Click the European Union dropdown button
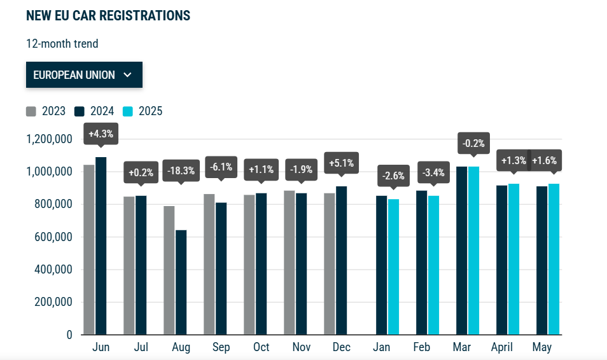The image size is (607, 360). click(x=84, y=74)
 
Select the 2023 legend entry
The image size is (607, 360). click(x=46, y=111)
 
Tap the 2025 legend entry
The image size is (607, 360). click(x=143, y=111)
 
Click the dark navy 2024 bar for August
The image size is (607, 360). click(x=181, y=282)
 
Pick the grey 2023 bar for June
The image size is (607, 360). click(x=89, y=250)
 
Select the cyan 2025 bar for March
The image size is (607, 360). click(x=473, y=251)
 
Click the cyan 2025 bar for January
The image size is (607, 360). click(x=393, y=267)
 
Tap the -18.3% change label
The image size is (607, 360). click(x=181, y=170)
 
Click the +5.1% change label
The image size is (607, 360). click(x=342, y=163)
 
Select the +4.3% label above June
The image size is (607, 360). click(x=101, y=134)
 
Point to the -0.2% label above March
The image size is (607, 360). click(x=473, y=143)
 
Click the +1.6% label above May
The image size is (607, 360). click(x=545, y=160)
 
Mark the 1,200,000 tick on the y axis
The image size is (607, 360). click(x=49, y=139)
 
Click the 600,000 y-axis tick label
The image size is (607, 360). click(x=53, y=237)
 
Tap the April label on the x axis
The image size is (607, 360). click(x=502, y=347)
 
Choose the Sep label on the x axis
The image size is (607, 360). click(x=221, y=347)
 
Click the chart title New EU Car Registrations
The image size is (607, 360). click(x=108, y=15)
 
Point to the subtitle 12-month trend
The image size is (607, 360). click(x=62, y=44)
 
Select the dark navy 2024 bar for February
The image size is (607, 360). click(x=422, y=263)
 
